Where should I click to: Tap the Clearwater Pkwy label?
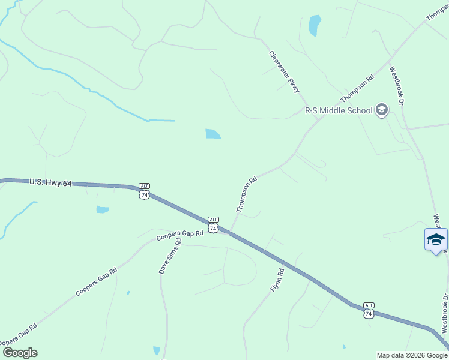click(284, 71)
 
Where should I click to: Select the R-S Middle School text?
click(339, 110)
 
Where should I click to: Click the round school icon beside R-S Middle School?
click(381, 110)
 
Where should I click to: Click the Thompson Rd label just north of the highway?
click(247, 194)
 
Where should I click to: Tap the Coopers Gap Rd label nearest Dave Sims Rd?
click(180, 235)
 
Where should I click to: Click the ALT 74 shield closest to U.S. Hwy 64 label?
click(144, 191)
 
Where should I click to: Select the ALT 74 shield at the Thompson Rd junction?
click(213, 224)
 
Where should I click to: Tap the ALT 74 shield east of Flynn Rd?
click(369, 310)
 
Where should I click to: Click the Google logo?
click(20, 352)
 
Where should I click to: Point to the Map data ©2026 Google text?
click(412, 355)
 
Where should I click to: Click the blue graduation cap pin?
click(436, 241)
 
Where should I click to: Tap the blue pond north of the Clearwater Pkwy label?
click(314, 25)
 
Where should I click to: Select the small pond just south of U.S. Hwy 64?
click(103, 210)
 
